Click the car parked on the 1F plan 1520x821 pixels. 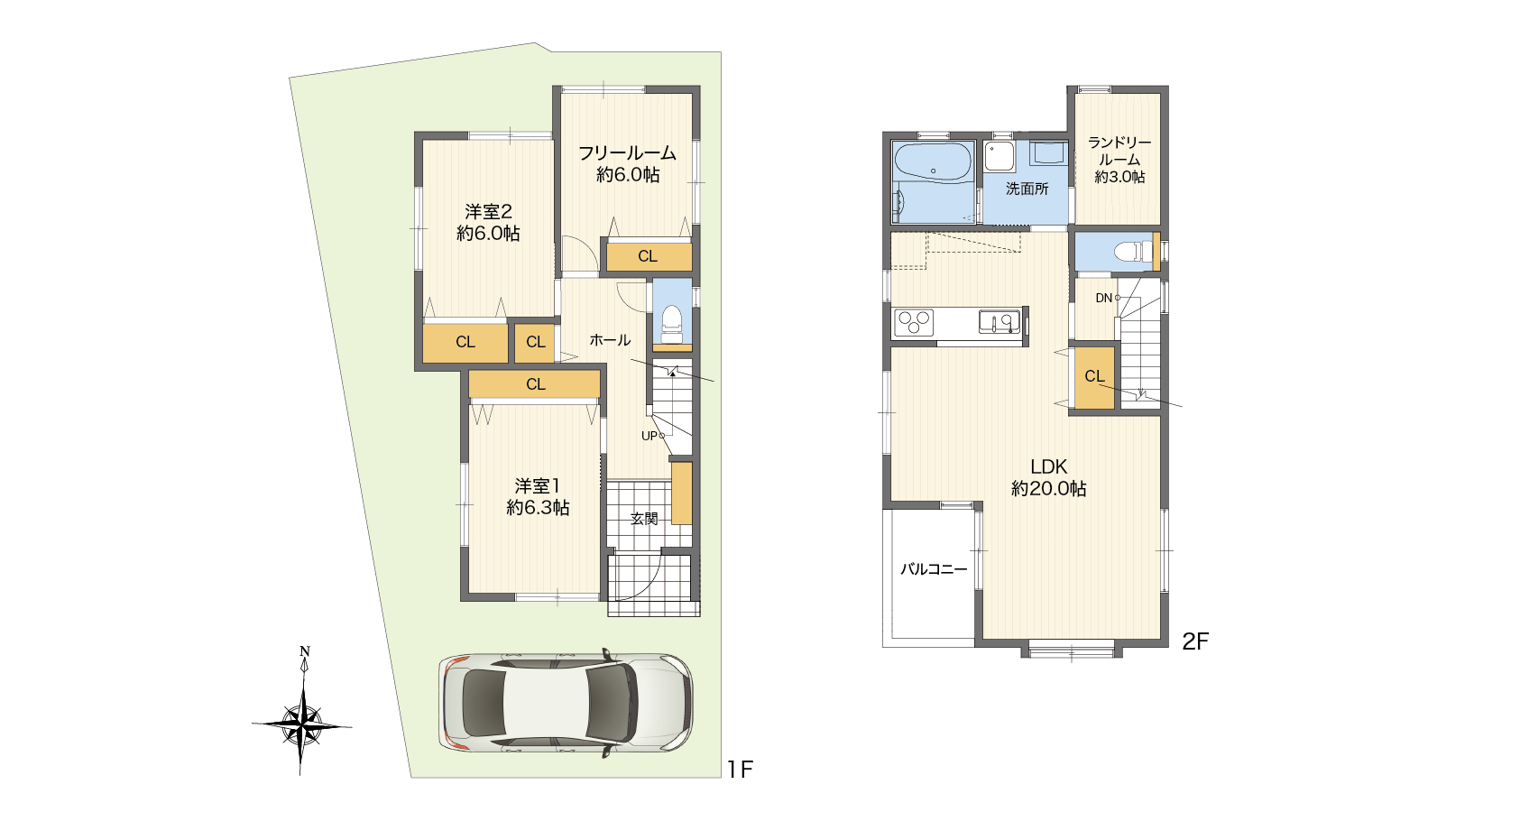566,702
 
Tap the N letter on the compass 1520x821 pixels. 305,651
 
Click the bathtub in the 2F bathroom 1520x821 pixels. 933,161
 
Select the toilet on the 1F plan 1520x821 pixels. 672,326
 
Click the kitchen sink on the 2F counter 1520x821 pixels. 999,321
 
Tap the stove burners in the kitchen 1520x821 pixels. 914,322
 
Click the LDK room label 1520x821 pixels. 1049,466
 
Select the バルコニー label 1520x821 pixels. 934,569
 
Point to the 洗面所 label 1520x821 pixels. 1027,189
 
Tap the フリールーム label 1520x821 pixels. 627,152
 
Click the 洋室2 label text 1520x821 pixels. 488,211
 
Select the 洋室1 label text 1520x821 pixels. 537,485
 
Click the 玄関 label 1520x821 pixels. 644,519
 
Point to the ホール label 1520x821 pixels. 610,340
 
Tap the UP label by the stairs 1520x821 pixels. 649,437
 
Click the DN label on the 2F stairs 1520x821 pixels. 1103,298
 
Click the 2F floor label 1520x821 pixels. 1195,641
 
